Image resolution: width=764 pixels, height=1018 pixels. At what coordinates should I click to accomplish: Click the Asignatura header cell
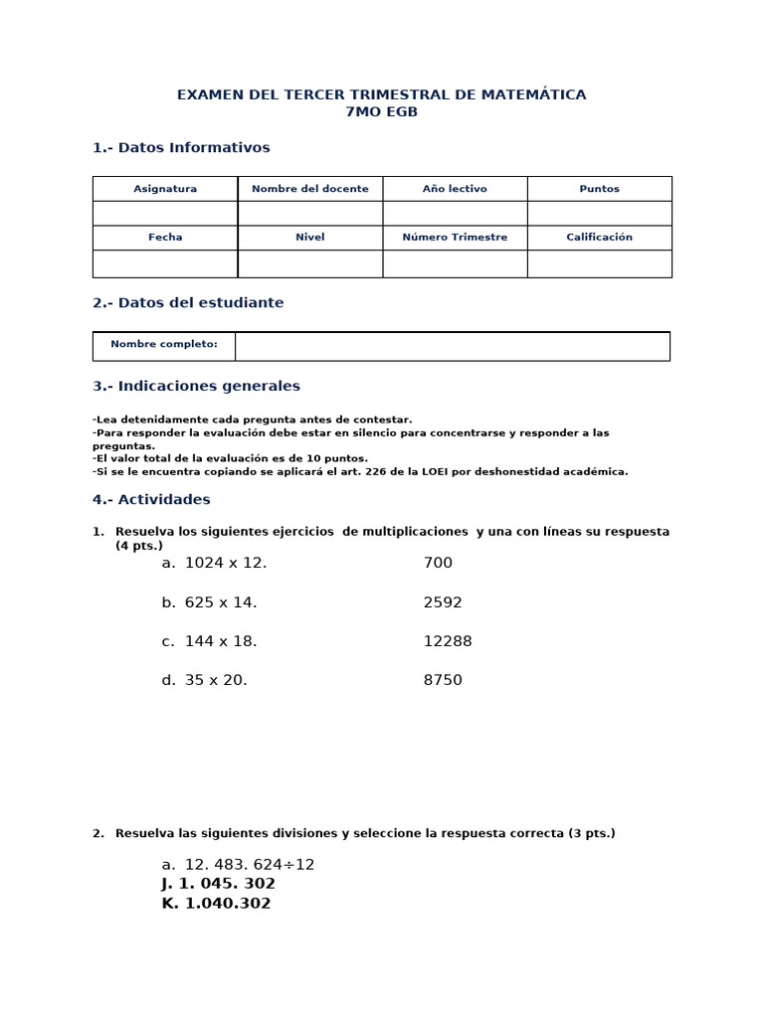[x=165, y=189]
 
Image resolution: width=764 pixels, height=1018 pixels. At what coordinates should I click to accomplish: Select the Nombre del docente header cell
[x=310, y=189]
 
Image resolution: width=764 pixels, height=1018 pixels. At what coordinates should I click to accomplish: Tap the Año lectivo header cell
[x=455, y=189]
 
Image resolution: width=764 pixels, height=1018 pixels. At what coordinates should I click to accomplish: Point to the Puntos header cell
[x=599, y=189]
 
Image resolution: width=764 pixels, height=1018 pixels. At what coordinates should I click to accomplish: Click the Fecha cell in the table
[x=165, y=238]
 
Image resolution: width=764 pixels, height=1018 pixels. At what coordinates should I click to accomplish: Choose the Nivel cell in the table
[x=310, y=238]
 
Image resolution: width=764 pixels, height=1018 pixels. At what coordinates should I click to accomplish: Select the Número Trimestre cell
[x=455, y=238]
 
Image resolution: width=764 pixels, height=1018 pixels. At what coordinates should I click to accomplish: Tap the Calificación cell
[x=599, y=238]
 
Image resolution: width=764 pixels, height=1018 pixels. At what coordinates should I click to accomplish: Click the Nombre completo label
[x=164, y=344]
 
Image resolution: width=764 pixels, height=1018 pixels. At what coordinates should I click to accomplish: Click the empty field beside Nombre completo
[x=453, y=346]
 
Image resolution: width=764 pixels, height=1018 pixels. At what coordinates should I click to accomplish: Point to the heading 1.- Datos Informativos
[x=181, y=147]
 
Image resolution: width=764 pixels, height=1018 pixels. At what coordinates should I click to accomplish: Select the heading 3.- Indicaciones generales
[x=196, y=386]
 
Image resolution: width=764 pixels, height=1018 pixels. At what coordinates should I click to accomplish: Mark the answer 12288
[x=448, y=641]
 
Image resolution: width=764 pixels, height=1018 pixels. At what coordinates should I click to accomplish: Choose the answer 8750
[x=443, y=680]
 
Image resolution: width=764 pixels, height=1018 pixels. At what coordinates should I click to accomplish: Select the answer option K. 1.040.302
[x=216, y=904]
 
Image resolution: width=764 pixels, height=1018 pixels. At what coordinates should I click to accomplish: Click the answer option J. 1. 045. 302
[x=218, y=884]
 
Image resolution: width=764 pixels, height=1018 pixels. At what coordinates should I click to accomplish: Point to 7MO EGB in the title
[x=381, y=112]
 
